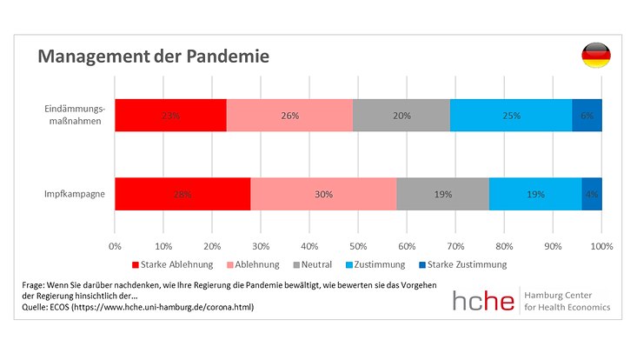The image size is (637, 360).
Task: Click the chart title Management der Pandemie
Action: [152, 57]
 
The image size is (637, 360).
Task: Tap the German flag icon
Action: [595, 55]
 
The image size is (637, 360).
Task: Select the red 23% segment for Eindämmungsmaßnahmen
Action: [170, 115]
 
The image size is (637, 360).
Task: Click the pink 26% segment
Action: [289, 115]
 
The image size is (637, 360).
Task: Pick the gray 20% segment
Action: [401, 115]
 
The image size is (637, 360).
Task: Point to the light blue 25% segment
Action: [510, 115]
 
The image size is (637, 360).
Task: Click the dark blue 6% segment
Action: [587, 115]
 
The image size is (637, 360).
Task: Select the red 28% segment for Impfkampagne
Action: [182, 194]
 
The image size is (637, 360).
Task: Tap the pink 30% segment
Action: [323, 194]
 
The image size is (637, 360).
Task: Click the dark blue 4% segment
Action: [592, 194]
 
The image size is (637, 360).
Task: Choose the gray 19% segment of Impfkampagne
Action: [442, 194]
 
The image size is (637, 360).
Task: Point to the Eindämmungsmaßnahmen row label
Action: [75, 115]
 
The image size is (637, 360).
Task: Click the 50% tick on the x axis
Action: [358, 246]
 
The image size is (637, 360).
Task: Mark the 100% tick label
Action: [601, 246]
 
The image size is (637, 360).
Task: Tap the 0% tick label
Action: [115, 246]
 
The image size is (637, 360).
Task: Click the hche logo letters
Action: [482, 299]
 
